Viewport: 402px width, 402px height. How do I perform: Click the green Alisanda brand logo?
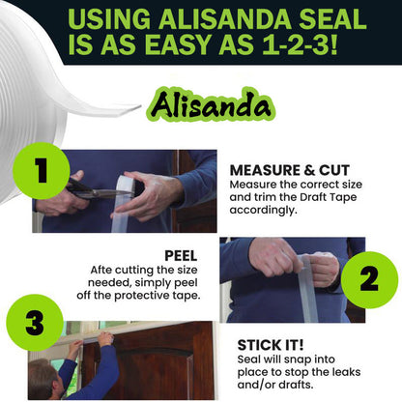(202, 102)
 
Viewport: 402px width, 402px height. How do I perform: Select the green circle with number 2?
(367, 278)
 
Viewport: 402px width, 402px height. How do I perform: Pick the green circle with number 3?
(35, 323)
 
